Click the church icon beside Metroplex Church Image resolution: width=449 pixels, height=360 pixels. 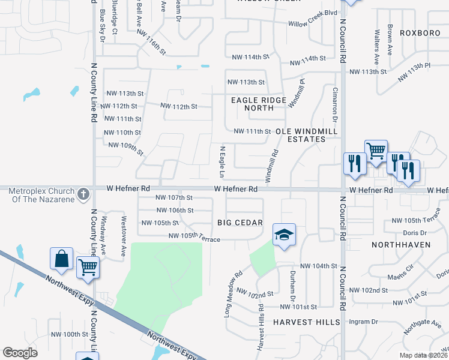pos(83,194)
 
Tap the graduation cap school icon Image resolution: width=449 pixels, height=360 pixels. pos(284,235)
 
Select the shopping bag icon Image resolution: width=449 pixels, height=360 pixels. pos(62,259)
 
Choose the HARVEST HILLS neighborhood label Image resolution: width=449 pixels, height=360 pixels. pos(306,322)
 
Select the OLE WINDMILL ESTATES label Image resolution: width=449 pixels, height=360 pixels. pos(306,135)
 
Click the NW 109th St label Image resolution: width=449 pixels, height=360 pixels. pos(125,148)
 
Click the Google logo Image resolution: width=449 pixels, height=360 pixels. pos(20,352)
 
